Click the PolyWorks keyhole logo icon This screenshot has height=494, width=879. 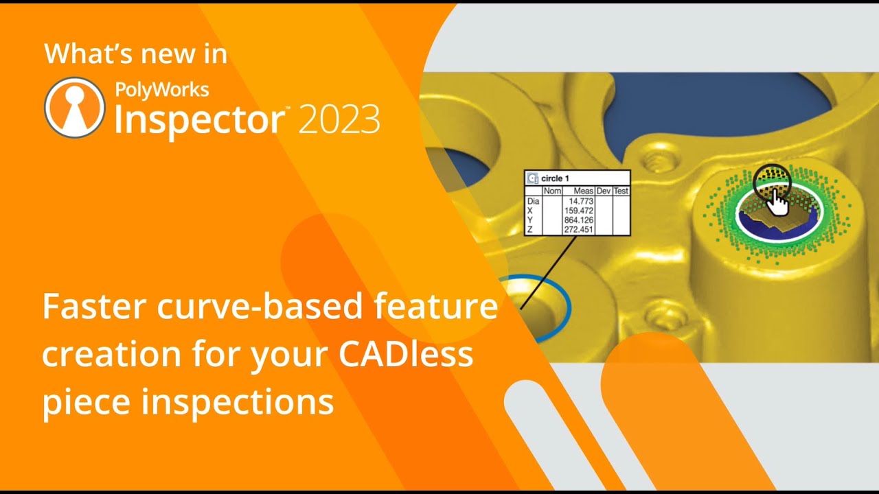click(74, 108)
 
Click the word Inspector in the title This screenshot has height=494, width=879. click(199, 118)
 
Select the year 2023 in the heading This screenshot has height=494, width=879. click(339, 119)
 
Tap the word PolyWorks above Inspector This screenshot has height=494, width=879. click(161, 89)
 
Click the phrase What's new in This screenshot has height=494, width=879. click(135, 54)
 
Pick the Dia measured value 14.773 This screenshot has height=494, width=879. click(581, 201)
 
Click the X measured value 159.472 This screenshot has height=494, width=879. click(579, 211)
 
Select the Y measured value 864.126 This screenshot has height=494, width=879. click(579, 220)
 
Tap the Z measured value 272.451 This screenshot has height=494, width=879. click(579, 230)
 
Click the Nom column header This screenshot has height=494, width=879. click(552, 191)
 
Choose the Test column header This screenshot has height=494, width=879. click(621, 191)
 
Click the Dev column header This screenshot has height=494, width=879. click(604, 191)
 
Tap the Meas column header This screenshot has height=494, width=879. click(583, 191)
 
